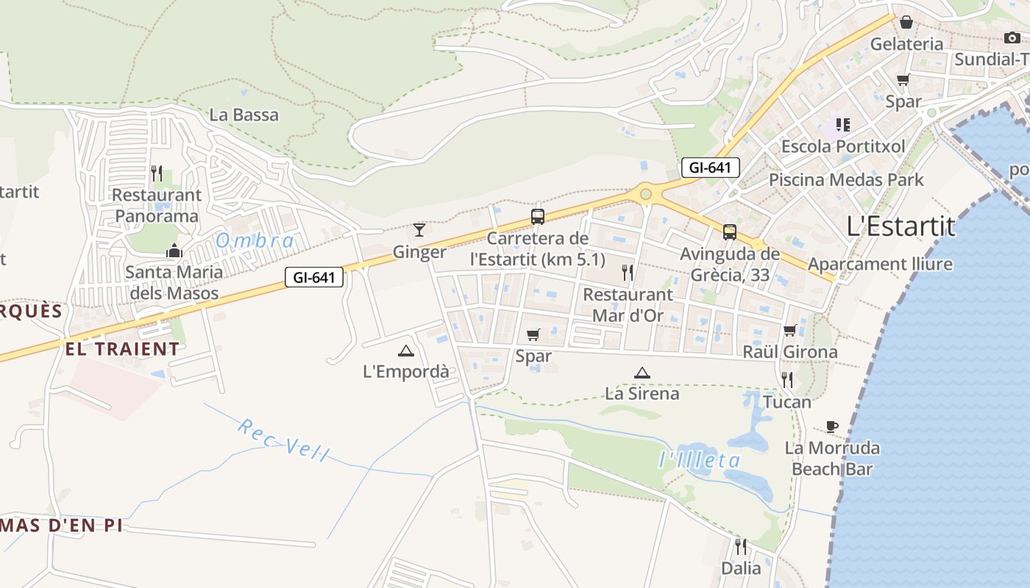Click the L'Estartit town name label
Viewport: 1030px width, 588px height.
[901, 226]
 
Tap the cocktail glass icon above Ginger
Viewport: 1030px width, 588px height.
[419, 230]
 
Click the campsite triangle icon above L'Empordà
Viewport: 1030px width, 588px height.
[405, 351]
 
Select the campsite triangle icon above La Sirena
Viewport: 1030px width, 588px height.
[642, 373]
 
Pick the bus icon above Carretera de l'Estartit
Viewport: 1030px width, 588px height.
[538, 217]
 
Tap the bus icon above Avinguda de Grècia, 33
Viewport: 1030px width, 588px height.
[729, 232]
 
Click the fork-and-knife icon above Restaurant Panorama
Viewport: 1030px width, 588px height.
[157, 173]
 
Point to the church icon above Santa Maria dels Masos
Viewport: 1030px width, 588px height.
[174, 251]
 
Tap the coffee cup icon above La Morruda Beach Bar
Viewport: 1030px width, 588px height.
[831, 426]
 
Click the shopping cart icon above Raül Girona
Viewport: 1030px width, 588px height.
[790, 331]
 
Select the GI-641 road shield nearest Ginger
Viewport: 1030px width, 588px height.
[314, 277]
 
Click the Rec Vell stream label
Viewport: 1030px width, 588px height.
[283, 440]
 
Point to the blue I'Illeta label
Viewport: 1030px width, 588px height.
[699, 461]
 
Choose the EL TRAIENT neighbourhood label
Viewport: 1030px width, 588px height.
[122, 348]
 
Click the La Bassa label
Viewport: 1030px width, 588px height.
[244, 115]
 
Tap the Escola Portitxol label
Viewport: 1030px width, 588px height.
[843, 146]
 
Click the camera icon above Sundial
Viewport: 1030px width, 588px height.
[1012, 38]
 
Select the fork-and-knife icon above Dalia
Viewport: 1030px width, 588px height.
[741, 547]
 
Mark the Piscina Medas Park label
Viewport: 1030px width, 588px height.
[846, 179]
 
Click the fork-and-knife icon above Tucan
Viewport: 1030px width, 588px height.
[787, 380]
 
